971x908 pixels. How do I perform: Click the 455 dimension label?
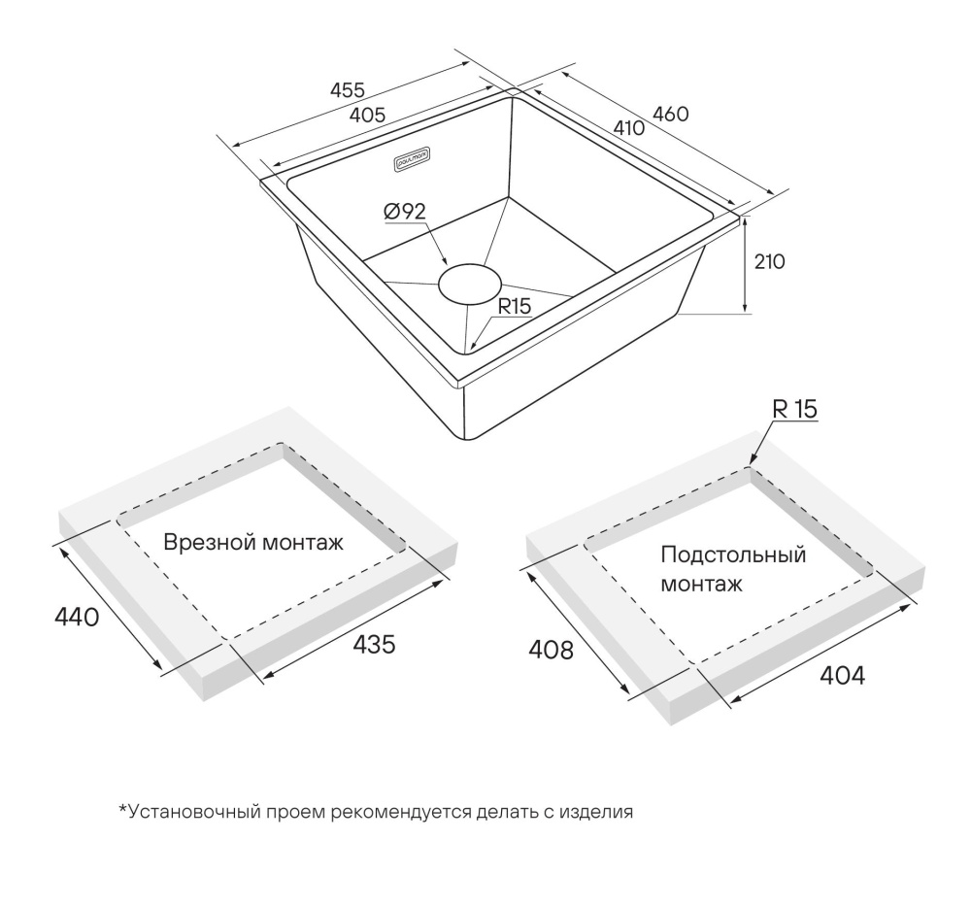[348, 90]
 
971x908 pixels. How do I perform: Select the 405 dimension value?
[367, 116]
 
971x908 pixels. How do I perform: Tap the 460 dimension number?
[671, 114]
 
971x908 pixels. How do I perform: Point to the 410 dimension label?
[629, 127]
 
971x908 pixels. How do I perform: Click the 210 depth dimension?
[769, 262]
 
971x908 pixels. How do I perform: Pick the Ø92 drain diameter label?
[405, 212]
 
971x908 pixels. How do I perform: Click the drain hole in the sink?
[469, 285]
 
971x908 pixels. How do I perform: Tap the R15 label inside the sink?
[515, 306]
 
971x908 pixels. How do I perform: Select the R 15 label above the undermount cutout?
[794, 410]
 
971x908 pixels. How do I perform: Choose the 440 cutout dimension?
[77, 617]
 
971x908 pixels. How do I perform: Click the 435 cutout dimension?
[374, 644]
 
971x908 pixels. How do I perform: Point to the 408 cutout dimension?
[551, 650]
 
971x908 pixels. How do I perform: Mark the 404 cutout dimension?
[842, 675]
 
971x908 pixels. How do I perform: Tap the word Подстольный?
[733, 555]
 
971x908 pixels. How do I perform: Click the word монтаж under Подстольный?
[701, 584]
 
